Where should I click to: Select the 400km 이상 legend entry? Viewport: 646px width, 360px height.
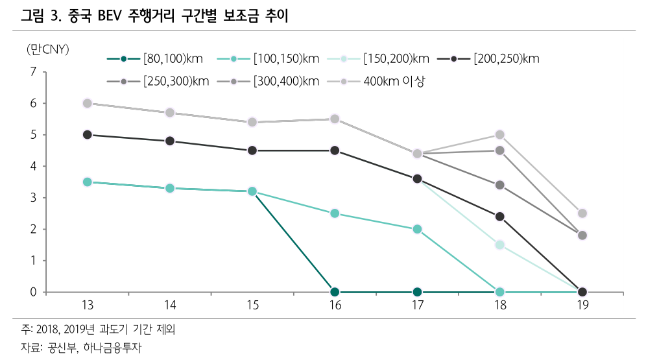(393, 80)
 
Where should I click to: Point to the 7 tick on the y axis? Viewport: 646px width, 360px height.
(33, 72)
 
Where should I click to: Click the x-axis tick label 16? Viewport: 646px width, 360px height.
(335, 306)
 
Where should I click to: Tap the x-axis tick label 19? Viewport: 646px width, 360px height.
(582, 306)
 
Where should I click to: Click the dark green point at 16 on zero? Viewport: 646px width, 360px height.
(335, 292)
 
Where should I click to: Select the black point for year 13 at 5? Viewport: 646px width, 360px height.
(88, 135)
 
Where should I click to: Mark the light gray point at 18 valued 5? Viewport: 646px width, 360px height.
(499, 135)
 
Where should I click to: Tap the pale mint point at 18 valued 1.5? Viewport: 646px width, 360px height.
(499, 245)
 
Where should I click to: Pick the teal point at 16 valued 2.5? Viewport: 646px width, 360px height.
(335, 213)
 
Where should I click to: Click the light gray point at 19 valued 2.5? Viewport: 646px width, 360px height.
(582, 213)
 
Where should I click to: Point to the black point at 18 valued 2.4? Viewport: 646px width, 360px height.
(499, 217)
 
